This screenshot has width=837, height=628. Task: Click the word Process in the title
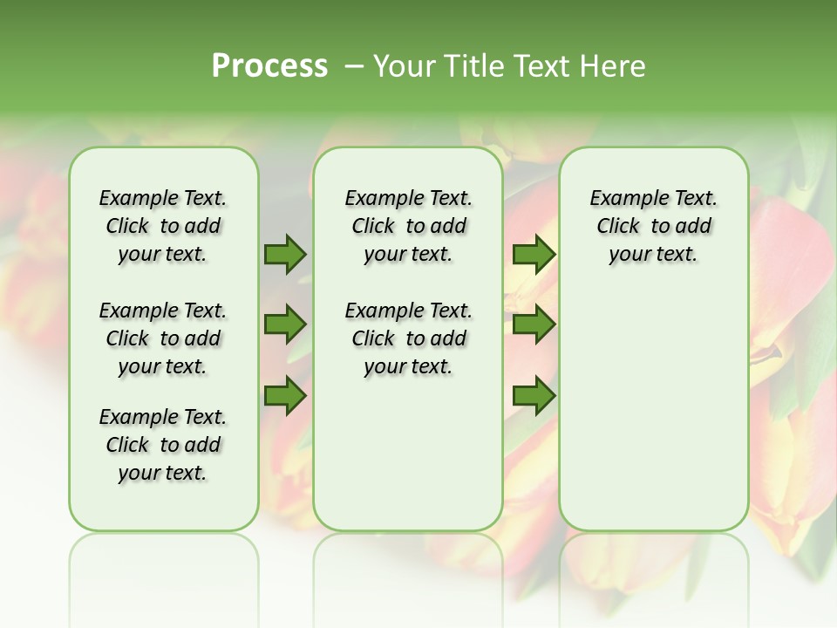[x=269, y=66]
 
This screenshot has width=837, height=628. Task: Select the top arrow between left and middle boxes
[x=285, y=255]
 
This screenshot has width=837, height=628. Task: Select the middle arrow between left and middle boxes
[x=285, y=325]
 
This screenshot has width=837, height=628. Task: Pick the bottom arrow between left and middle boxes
[x=285, y=396]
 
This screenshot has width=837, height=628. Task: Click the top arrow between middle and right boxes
[x=534, y=255]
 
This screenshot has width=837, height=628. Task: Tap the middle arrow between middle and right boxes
[x=534, y=325]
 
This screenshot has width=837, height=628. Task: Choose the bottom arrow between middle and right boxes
[x=534, y=396]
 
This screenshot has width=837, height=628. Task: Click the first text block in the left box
[x=163, y=226]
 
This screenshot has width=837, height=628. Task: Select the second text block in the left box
[x=163, y=338]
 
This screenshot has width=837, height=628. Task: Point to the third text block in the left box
[x=163, y=445]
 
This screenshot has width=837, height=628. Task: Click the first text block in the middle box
[x=408, y=226]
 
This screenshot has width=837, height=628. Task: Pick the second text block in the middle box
[x=408, y=338]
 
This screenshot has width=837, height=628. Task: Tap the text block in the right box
[x=653, y=226]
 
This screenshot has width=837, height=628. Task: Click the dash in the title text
[x=354, y=66]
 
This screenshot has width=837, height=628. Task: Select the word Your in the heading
[x=405, y=66]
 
